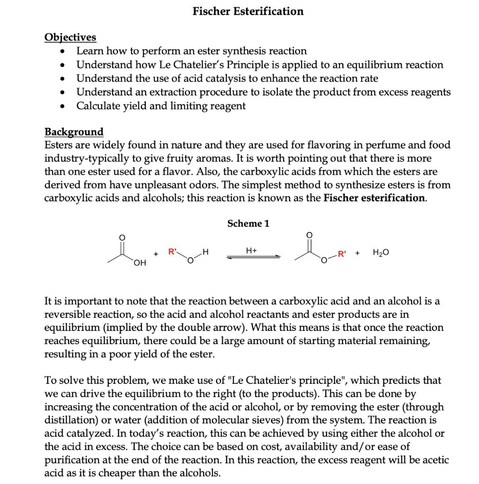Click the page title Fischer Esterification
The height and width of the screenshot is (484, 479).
point(248,11)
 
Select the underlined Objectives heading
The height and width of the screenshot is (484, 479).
point(70,37)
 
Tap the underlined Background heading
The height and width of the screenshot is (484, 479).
point(73,132)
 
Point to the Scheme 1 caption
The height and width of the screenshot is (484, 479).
point(248,224)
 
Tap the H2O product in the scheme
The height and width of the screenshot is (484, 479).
point(381,253)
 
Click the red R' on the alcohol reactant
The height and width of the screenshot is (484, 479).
point(173,251)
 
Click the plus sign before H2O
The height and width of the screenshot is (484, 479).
point(358,253)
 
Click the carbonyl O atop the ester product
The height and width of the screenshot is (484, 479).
point(310,235)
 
